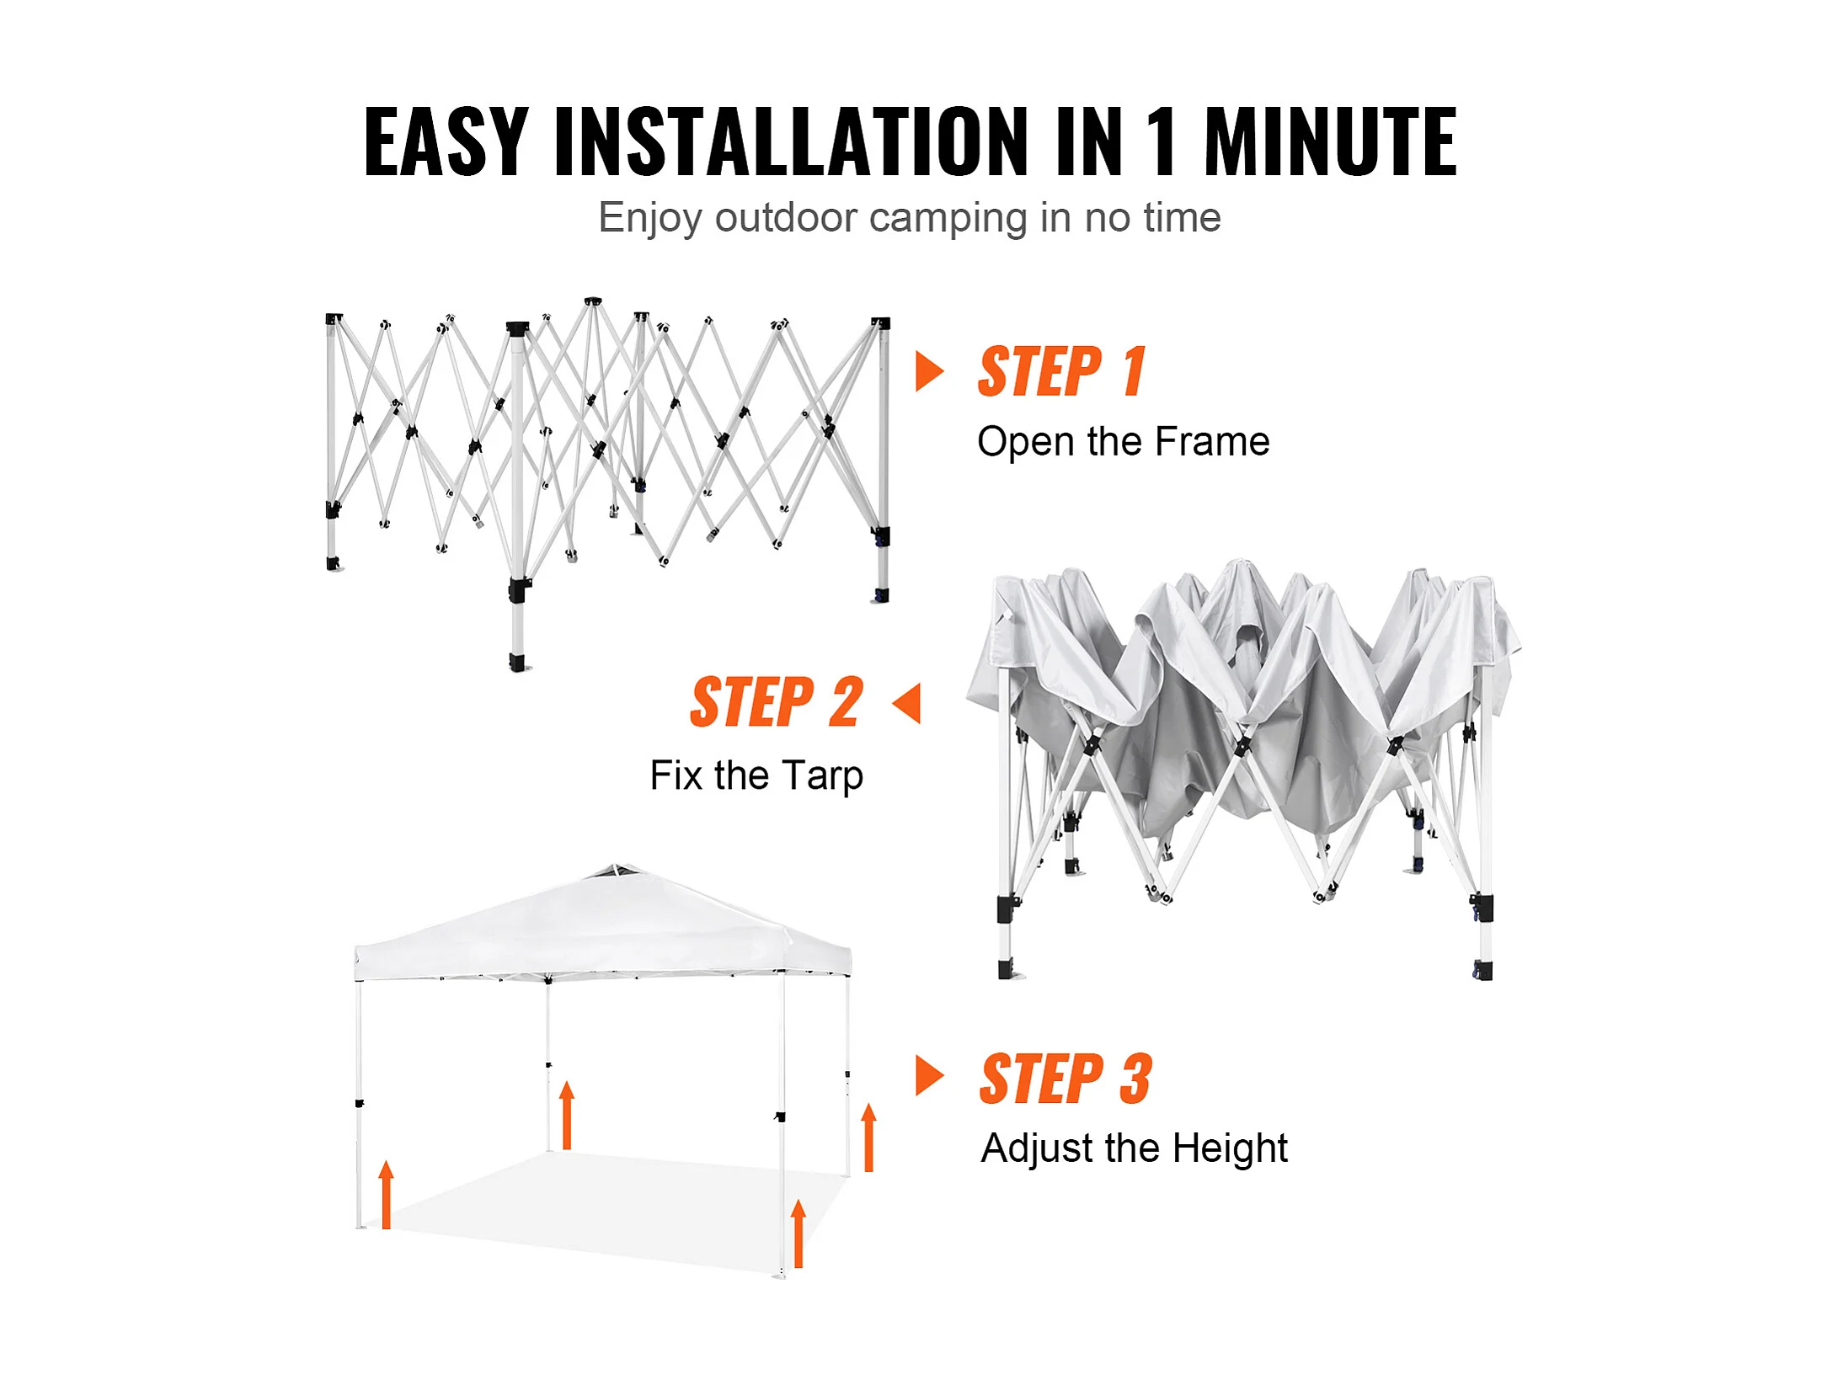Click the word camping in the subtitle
(x=948, y=219)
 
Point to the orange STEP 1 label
(x=1061, y=371)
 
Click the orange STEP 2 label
(x=777, y=701)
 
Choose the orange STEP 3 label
(x=1066, y=1079)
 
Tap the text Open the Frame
(x=1123, y=442)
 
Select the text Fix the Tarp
(x=756, y=775)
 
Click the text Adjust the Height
(x=1135, y=1148)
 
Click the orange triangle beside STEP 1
(x=929, y=371)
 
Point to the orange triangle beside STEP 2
(x=906, y=703)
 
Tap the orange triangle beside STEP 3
(x=929, y=1076)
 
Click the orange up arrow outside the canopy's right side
(x=869, y=1137)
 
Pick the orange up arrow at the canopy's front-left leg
(x=386, y=1195)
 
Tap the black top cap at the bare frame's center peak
(x=593, y=301)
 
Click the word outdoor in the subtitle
(x=786, y=218)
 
